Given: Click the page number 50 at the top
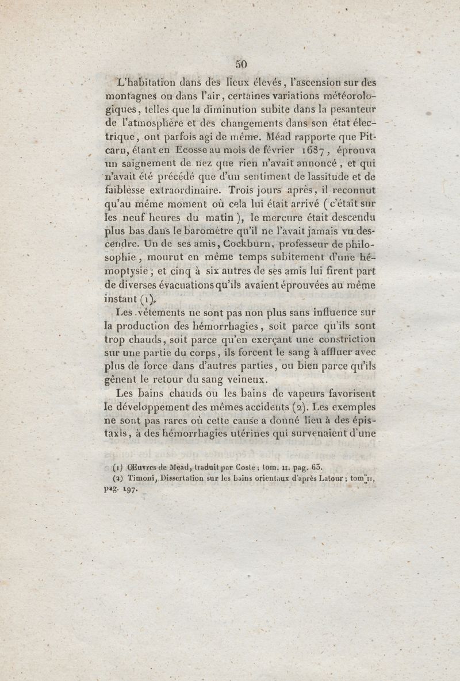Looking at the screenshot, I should click(241, 64).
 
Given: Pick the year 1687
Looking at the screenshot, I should click(306, 151).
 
